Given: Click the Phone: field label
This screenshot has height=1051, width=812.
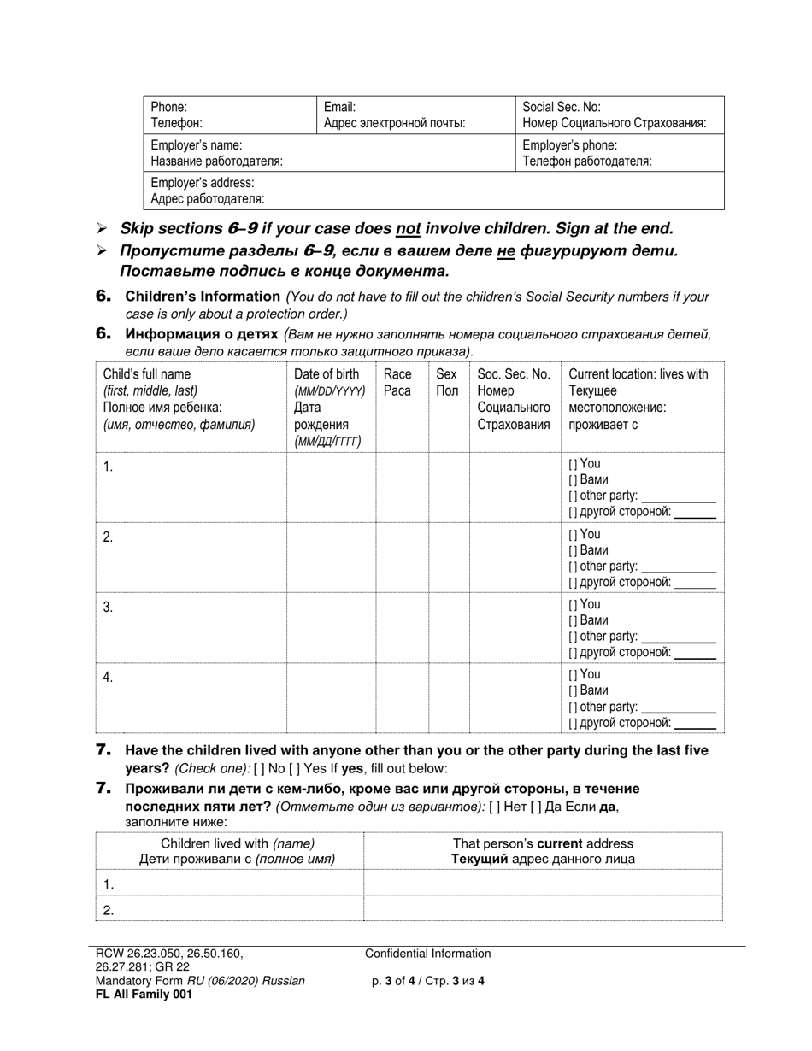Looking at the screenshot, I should tap(169, 108).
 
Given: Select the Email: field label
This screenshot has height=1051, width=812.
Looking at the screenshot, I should tap(339, 108).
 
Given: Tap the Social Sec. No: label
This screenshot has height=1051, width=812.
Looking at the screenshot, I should tap(561, 108).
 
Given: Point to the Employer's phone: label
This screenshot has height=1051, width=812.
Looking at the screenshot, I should tap(569, 145).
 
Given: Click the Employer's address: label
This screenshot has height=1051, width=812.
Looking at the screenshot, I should tap(202, 183).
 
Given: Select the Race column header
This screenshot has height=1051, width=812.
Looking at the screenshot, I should tap(397, 374).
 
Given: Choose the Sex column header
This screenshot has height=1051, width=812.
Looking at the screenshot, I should tap(446, 374).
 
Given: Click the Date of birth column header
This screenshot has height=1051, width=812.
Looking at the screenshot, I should tap(327, 374).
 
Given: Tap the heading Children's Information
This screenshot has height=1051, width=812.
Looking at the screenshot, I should tap(203, 297).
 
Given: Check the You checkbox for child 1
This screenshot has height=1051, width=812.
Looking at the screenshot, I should tap(573, 464).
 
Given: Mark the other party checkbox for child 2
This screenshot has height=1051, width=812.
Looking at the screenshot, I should tap(573, 567).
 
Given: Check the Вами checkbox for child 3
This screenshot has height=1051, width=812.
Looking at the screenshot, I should tap(573, 620).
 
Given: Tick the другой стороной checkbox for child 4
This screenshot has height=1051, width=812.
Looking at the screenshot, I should tap(573, 723).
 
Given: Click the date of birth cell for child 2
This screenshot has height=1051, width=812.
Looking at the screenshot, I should tap(331, 556).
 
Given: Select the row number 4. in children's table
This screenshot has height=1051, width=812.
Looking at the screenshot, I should tap(108, 678).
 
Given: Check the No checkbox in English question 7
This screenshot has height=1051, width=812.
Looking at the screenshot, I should tap(259, 768).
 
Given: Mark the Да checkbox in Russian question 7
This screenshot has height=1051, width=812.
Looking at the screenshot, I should tap(539, 807).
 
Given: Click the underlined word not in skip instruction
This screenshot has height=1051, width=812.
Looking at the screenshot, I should tap(405, 229).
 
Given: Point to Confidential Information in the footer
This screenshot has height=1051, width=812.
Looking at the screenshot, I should tap(427, 954).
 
